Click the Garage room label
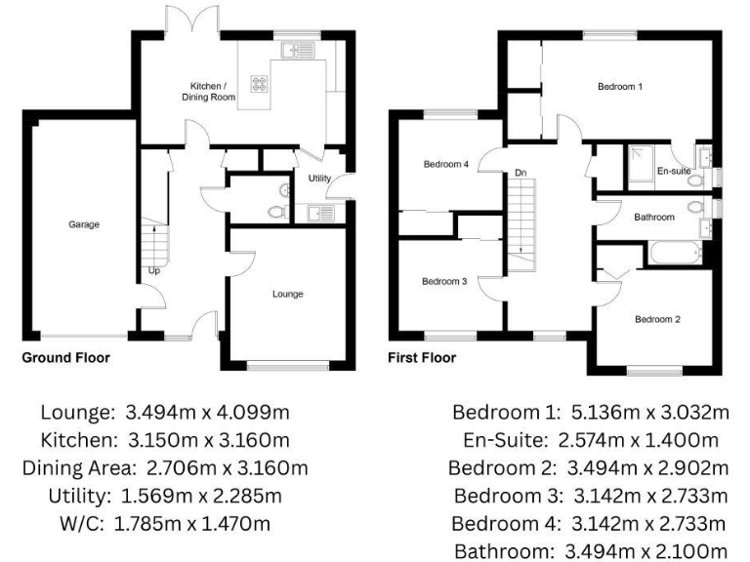click(84, 224)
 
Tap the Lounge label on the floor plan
click(287, 294)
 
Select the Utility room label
click(319, 179)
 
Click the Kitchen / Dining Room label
click(208, 92)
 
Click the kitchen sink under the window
click(293, 52)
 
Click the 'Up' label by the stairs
click(154, 270)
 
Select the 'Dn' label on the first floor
click(521, 173)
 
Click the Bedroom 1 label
click(620, 87)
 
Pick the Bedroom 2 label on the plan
click(657, 319)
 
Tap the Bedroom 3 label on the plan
click(444, 282)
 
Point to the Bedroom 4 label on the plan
click(446, 164)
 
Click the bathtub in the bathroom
click(670, 255)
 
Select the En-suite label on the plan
click(674, 171)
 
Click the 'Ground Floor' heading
click(66, 358)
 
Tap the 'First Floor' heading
click(422, 358)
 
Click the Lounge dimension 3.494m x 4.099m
click(165, 411)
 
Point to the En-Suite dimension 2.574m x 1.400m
click(590, 439)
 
